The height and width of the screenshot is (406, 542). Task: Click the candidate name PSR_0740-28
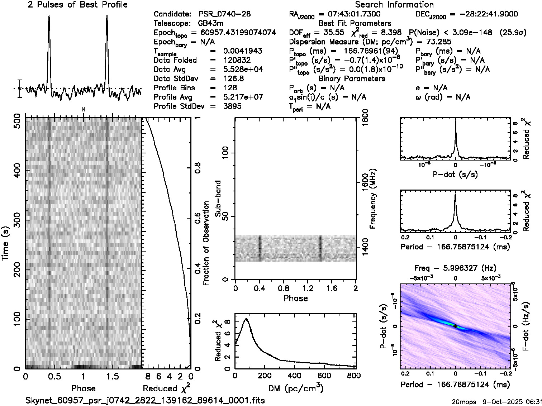[224, 14]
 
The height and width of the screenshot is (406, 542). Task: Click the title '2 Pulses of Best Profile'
[77, 5]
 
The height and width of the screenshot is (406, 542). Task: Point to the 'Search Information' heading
[394, 5]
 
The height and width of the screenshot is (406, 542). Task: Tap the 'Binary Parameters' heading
[352, 79]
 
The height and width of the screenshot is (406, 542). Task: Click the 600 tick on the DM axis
[324, 375]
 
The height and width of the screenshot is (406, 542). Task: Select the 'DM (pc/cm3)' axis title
[295, 388]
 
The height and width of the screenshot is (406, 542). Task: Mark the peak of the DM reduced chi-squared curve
[246, 319]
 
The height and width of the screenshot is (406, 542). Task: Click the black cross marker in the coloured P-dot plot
[455, 326]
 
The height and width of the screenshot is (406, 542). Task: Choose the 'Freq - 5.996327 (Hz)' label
[455, 268]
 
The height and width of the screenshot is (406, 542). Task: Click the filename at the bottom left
[145, 400]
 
